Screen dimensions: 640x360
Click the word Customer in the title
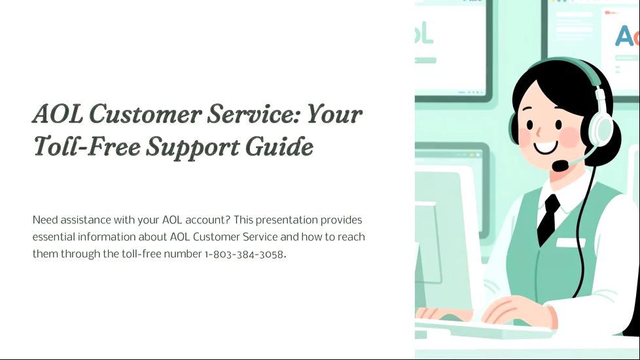[x=145, y=114]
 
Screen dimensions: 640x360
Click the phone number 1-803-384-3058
[x=244, y=254]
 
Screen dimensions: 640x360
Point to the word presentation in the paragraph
[x=287, y=221]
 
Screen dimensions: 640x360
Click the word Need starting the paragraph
[x=45, y=220]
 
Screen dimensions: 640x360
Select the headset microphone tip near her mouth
[x=560, y=166]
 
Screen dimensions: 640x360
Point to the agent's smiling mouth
[x=545, y=147]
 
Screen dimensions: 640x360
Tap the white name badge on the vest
[x=571, y=242]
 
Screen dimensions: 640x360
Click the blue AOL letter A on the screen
[x=623, y=36]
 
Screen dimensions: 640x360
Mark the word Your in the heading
[x=334, y=114]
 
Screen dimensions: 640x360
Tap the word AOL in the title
[x=58, y=114]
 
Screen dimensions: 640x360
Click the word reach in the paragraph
[x=351, y=237]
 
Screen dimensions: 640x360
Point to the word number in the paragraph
[x=183, y=254]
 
